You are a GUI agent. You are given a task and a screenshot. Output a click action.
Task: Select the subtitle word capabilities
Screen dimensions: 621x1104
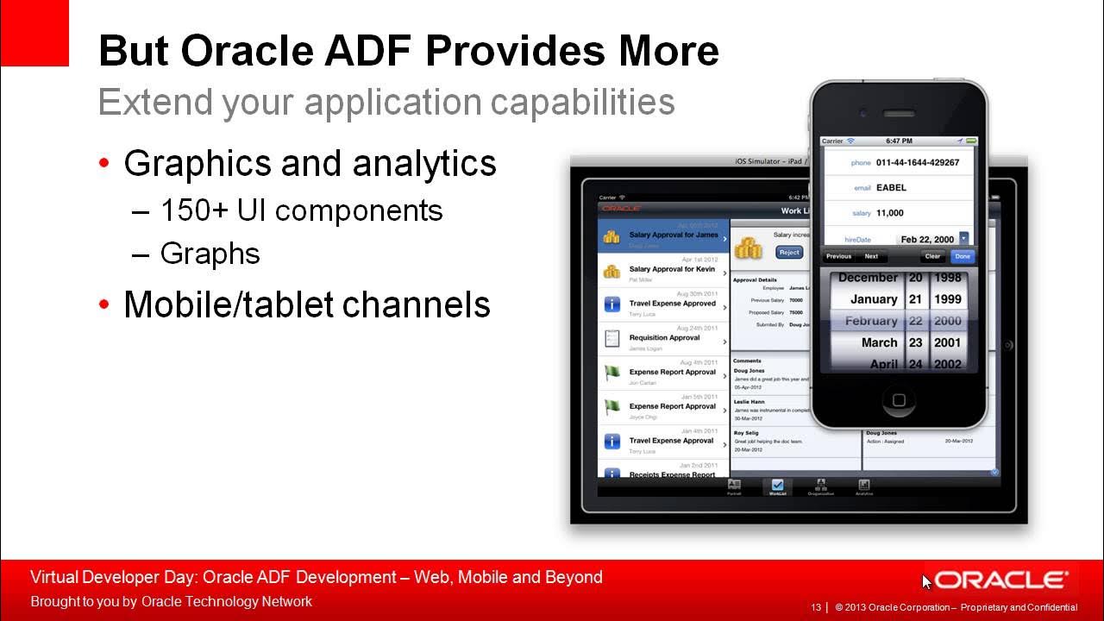coord(583,102)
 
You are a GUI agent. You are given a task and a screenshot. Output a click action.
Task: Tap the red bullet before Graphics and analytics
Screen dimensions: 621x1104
coord(104,163)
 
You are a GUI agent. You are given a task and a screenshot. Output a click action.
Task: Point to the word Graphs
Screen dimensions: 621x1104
coord(210,254)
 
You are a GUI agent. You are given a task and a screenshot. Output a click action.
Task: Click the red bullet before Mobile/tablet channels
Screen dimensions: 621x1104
coord(104,304)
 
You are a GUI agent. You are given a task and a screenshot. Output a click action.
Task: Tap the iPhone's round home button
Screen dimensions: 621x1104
coord(898,400)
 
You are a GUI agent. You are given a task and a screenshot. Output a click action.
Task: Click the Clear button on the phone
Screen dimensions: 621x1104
coord(932,256)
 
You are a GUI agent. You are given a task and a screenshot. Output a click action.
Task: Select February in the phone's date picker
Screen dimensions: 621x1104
coord(870,321)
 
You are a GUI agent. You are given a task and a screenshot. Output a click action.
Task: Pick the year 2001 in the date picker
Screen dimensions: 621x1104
coord(947,342)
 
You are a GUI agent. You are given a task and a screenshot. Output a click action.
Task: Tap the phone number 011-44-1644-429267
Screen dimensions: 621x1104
coord(917,162)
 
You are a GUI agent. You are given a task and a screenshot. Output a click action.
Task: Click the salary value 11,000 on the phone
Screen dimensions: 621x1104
coord(890,213)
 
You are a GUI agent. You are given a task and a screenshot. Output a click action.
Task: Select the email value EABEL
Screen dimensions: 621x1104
coord(891,187)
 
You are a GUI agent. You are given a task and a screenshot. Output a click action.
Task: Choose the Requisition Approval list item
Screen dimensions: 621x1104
coord(663,338)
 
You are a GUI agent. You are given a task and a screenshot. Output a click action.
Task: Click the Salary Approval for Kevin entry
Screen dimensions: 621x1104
coord(671,269)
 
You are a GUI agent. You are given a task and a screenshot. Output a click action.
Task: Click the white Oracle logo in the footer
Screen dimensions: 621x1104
coord(1001,580)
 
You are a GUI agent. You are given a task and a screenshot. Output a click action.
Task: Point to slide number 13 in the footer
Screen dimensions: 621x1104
coord(816,607)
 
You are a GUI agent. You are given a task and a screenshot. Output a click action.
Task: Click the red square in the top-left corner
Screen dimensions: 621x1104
coord(34,33)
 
